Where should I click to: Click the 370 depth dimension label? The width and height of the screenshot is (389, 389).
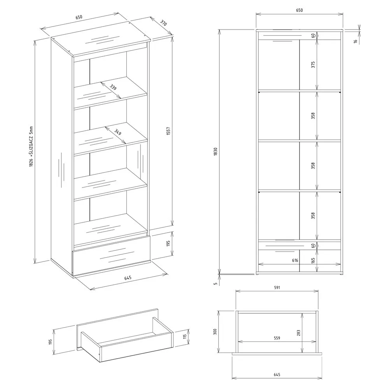point(163,23)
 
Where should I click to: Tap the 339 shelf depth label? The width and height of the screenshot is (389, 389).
point(113,87)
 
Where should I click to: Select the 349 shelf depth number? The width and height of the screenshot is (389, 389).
point(118,132)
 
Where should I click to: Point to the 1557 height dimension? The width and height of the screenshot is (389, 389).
point(168,131)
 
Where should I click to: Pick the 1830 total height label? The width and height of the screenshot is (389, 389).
point(216,152)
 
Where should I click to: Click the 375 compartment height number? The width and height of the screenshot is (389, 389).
point(313,65)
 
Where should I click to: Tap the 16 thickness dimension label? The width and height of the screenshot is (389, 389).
point(356,42)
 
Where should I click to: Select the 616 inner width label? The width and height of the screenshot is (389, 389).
point(295,260)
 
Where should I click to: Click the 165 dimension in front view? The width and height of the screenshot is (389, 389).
point(313,260)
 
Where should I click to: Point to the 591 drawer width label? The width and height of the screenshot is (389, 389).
point(277,287)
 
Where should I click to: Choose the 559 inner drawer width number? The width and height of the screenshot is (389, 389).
point(277,338)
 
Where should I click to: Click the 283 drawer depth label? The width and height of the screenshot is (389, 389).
point(298,333)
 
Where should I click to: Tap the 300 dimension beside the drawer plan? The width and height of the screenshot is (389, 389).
point(215,332)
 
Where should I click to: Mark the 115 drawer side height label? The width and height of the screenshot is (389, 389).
point(185,337)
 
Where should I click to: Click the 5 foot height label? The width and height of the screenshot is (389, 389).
point(216,284)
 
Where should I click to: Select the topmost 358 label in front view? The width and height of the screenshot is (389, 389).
point(313,116)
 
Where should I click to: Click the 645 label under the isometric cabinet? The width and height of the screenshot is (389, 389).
point(128,278)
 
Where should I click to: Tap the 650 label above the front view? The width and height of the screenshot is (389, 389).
point(300,10)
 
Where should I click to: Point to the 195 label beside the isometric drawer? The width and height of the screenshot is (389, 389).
point(50,342)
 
